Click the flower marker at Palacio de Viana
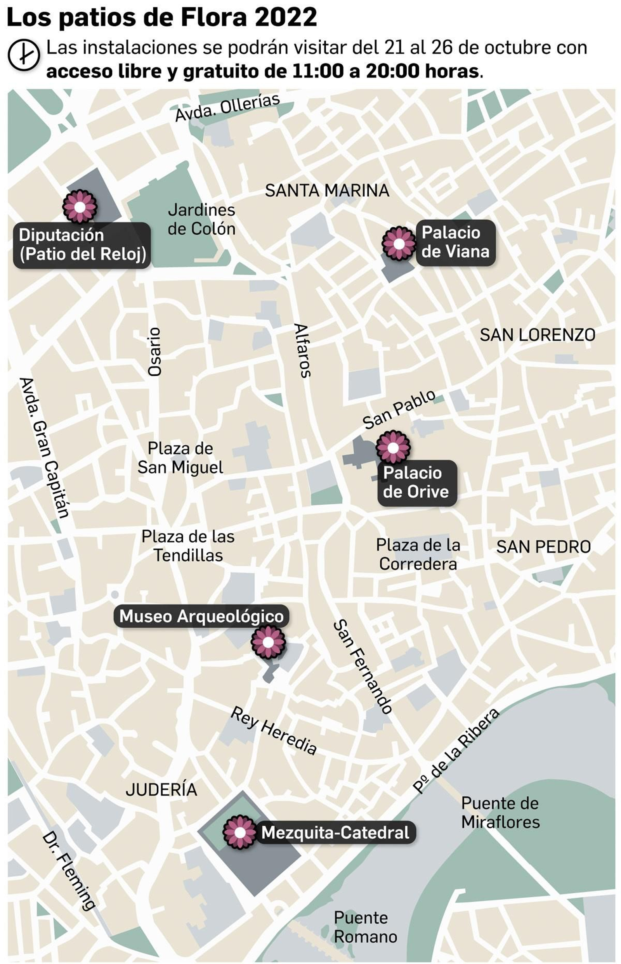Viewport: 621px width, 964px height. tap(399, 243)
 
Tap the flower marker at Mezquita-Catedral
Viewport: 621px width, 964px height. tap(240, 832)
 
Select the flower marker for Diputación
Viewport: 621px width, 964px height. tap(80, 207)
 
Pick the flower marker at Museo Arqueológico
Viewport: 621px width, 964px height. tap(268, 642)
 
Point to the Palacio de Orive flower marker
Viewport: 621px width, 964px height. tap(393, 447)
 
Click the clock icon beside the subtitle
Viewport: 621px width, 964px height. tap(24, 55)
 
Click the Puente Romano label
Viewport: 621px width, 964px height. tap(365, 927)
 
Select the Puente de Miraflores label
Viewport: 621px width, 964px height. tap(500, 812)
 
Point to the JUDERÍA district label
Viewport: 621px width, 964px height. tap(161, 789)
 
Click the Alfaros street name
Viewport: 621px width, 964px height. tap(302, 350)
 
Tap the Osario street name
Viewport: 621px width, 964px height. tap(154, 352)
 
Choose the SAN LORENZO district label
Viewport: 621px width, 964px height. tap(537, 335)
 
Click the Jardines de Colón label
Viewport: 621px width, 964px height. tap(201, 219)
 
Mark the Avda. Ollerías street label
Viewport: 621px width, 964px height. tap(227, 107)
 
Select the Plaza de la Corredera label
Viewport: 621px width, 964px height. tap(418, 554)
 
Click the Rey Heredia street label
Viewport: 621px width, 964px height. tap(274, 730)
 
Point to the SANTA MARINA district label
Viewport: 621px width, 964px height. tap(327, 190)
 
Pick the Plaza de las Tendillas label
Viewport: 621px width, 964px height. tap(188, 546)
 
